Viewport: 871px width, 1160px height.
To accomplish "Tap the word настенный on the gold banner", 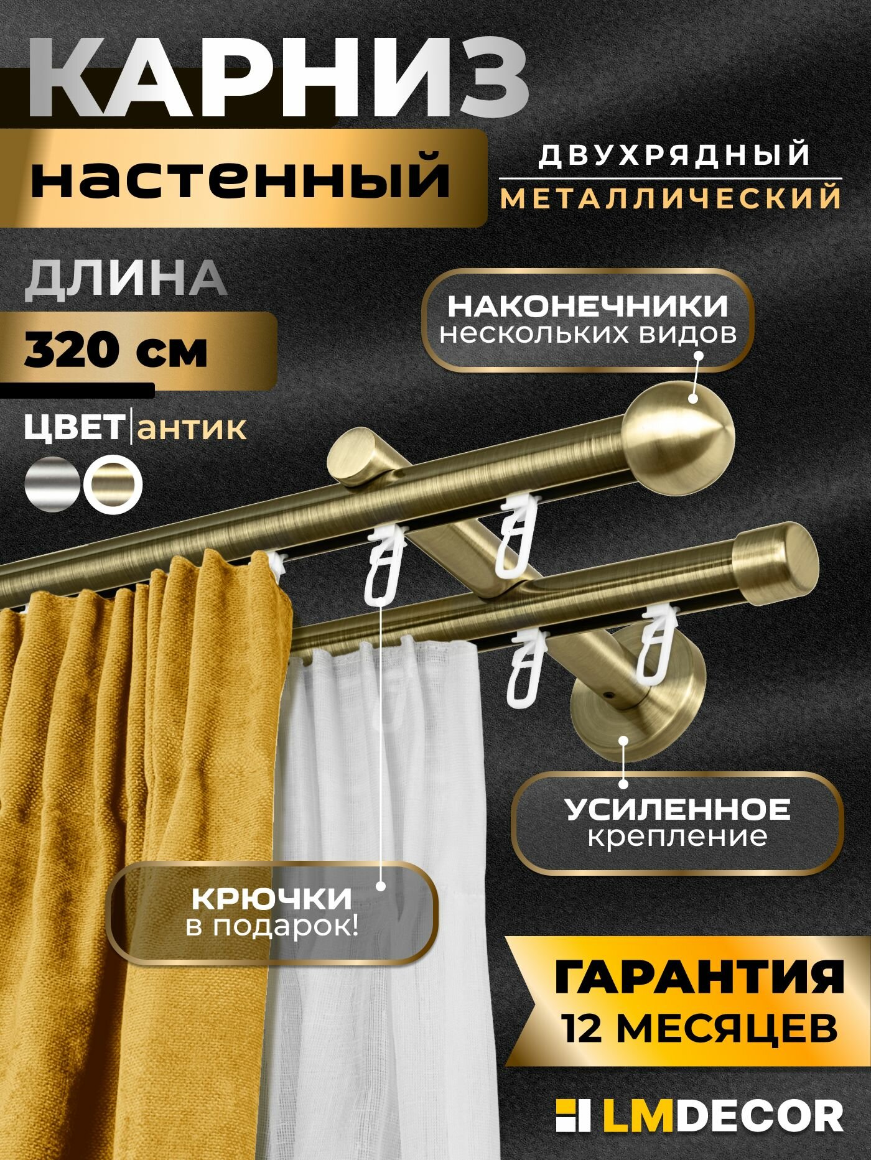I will click(240, 178).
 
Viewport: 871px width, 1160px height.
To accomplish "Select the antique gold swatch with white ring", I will click(113, 485).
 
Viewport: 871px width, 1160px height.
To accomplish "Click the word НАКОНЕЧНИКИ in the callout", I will click(587, 306).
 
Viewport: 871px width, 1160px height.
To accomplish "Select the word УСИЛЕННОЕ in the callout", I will click(677, 809).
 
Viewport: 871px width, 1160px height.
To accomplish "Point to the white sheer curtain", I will click(380, 871).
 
